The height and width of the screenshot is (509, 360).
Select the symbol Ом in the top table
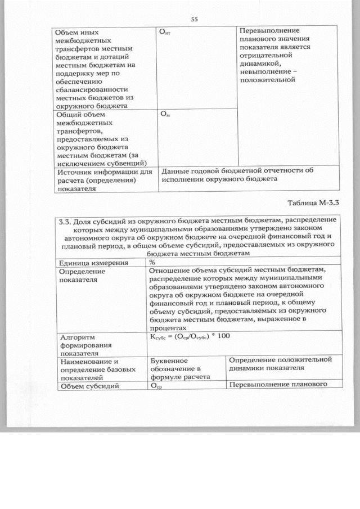pyautogui.click(x=165, y=114)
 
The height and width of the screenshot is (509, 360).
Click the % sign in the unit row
pyautogui.click(x=152, y=262)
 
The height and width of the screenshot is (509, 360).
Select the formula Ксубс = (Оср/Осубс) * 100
pyautogui.click(x=190, y=336)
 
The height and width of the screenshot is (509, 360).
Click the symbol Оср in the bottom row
pyautogui.click(x=155, y=386)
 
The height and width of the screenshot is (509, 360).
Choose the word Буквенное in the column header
pyautogui.click(x=168, y=360)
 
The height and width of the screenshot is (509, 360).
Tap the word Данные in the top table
pyautogui.click(x=175, y=171)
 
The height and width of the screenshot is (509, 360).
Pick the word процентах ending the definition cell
pyautogui.click(x=167, y=326)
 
